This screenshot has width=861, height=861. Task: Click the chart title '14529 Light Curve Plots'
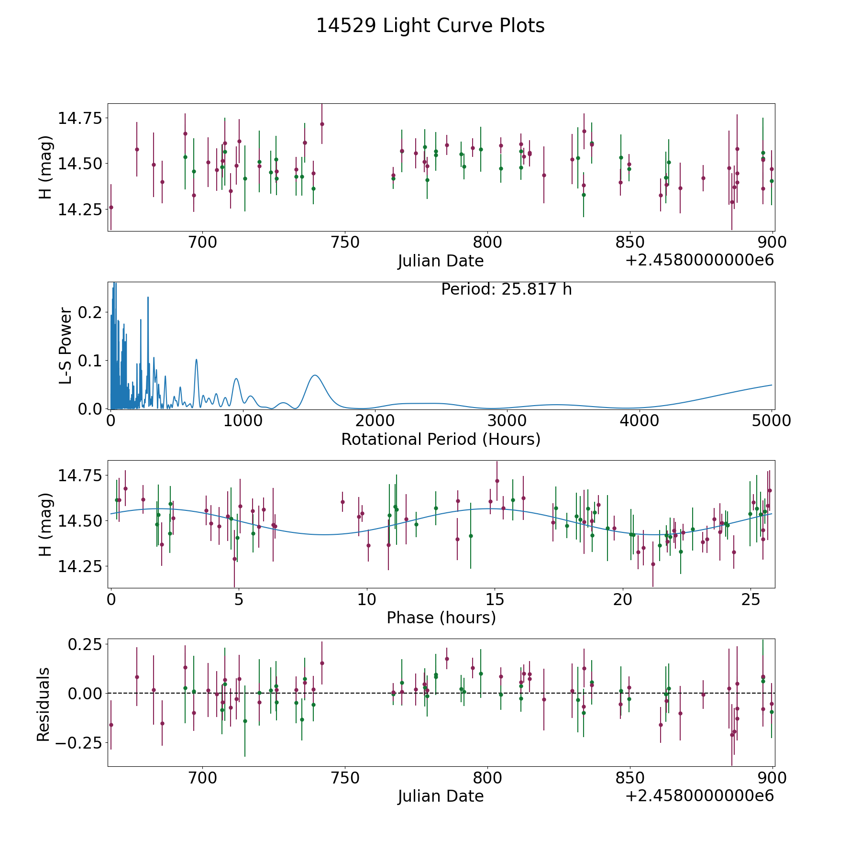(x=430, y=26)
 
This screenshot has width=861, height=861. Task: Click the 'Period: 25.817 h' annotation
(x=506, y=289)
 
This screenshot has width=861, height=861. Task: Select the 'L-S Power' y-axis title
(x=66, y=346)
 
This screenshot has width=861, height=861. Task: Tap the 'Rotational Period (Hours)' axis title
(x=441, y=439)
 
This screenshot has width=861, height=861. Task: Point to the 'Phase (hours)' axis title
(x=441, y=618)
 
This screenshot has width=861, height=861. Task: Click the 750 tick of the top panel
(x=345, y=243)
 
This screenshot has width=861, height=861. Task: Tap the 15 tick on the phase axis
(x=495, y=599)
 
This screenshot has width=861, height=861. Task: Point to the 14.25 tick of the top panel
(x=80, y=210)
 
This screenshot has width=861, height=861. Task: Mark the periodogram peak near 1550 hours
(x=314, y=375)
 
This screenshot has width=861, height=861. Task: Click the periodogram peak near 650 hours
(x=196, y=359)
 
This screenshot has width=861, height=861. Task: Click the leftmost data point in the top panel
(x=111, y=207)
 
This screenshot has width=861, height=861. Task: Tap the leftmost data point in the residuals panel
(x=111, y=725)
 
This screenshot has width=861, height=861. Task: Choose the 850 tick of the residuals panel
(x=629, y=778)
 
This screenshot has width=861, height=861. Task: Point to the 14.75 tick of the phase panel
(x=80, y=476)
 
